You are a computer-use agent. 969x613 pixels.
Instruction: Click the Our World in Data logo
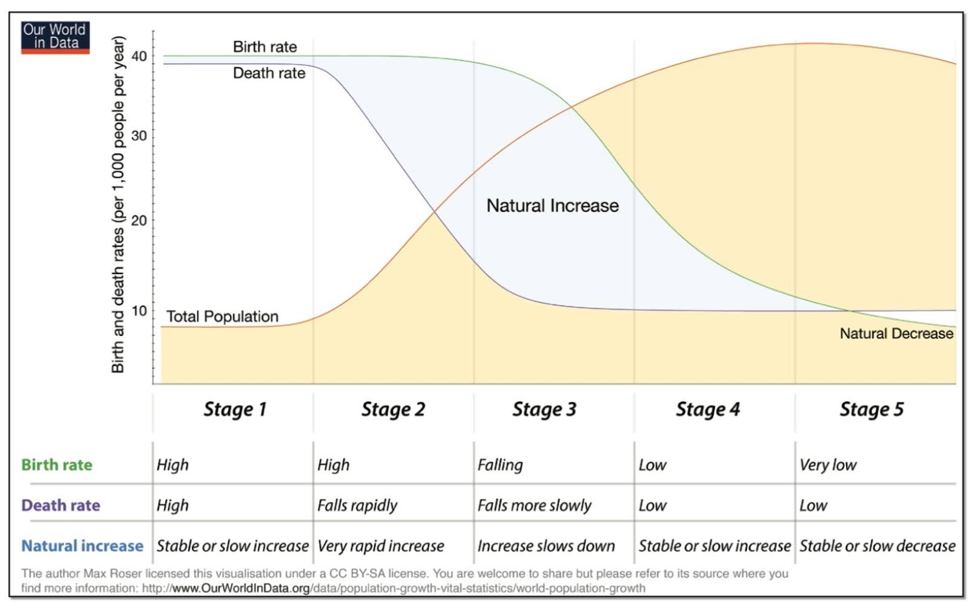pyautogui.click(x=55, y=37)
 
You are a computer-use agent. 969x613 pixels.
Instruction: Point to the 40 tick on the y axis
pyautogui.click(x=139, y=56)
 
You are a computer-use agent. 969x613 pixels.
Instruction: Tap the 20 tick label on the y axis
pyautogui.click(x=139, y=221)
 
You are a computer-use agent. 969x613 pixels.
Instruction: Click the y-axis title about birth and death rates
pyautogui.click(x=118, y=205)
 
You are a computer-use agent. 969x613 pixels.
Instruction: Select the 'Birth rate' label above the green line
pyautogui.click(x=265, y=47)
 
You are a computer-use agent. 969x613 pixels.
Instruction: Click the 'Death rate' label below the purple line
pyautogui.click(x=269, y=73)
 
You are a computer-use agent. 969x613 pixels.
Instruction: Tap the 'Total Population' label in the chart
pyautogui.click(x=222, y=316)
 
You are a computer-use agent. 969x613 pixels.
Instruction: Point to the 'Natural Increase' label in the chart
pyautogui.click(x=552, y=206)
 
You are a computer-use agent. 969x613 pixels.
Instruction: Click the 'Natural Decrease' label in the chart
pyautogui.click(x=896, y=333)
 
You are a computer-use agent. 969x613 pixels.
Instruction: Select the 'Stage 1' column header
pyautogui.click(x=234, y=410)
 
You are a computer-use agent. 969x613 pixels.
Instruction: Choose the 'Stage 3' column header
pyautogui.click(x=544, y=410)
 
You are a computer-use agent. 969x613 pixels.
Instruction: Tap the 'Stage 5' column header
pyautogui.click(x=871, y=410)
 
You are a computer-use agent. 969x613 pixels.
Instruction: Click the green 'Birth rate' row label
pyautogui.click(x=57, y=465)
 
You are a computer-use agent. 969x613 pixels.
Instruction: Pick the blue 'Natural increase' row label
pyautogui.click(x=82, y=546)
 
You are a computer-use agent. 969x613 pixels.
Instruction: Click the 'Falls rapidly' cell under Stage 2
pyautogui.click(x=357, y=505)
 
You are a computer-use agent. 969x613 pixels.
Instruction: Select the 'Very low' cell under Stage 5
pyautogui.click(x=828, y=465)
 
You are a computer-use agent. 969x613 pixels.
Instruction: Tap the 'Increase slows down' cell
pyautogui.click(x=546, y=546)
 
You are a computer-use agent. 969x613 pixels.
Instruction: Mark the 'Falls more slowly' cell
pyautogui.click(x=534, y=505)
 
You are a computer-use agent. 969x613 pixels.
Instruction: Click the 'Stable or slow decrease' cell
pyautogui.click(x=877, y=546)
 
